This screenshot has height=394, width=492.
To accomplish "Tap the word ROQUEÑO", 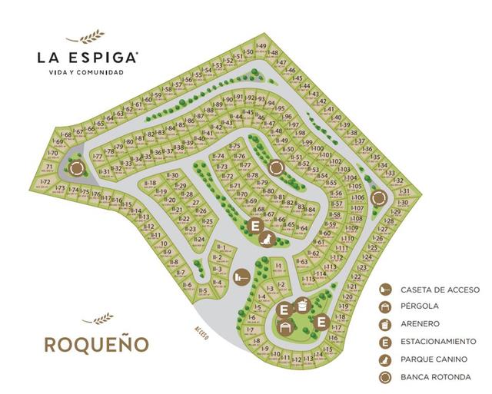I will pyautogui.click(x=95, y=343).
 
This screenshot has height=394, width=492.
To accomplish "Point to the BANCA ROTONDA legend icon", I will pyautogui.click(x=384, y=376).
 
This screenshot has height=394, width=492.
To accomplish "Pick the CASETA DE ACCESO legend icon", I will pyautogui.click(x=384, y=290).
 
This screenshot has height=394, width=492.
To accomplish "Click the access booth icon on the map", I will pyautogui.click(x=243, y=273).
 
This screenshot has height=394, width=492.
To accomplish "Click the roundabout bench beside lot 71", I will pyautogui.click(x=75, y=168).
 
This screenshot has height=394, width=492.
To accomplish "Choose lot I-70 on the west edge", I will pyautogui.click(x=53, y=153).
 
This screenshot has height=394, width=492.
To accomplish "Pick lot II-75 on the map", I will pyautogui.click(x=236, y=146).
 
